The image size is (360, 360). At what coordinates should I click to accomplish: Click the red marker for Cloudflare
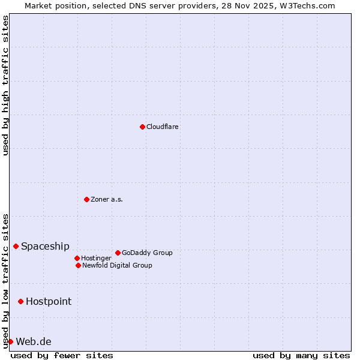(142, 127)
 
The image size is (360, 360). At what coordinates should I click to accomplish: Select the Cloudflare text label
(162, 127)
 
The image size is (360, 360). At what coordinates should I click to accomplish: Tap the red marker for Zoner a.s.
(86, 199)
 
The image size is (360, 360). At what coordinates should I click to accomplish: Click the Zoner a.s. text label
(107, 199)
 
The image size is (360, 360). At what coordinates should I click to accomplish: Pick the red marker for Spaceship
(16, 246)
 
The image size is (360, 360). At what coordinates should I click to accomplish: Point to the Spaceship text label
(45, 246)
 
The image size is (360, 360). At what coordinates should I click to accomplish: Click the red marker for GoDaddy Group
(118, 253)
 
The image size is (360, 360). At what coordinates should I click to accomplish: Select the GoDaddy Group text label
(147, 253)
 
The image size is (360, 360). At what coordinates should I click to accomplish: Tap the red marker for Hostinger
(77, 258)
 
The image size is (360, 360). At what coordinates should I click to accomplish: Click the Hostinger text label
(96, 258)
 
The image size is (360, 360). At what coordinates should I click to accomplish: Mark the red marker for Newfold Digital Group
(78, 265)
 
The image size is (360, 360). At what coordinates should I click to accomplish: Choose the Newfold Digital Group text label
(117, 265)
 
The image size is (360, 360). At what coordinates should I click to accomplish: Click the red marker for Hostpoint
(20, 301)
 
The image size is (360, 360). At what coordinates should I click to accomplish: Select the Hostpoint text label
(48, 301)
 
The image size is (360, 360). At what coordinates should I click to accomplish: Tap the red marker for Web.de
(10, 341)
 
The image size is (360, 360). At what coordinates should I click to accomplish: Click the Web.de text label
(33, 341)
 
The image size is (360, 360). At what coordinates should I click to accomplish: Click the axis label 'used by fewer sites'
(62, 355)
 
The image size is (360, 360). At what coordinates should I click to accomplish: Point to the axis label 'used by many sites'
(301, 355)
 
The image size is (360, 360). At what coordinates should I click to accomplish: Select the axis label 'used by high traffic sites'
(5, 85)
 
